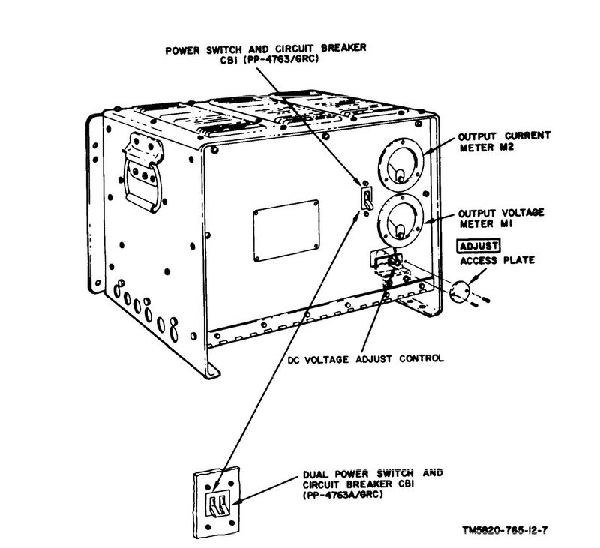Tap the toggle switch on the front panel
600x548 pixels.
pos(366,197)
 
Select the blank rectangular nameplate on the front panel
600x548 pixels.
pos(286,231)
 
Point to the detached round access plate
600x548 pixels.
pos(459,292)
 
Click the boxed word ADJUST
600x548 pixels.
pos(478,246)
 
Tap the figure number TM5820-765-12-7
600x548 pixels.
pos(505,531)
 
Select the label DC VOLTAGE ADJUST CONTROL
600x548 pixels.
pos(365,359)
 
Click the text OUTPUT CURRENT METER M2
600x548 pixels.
pos(504,142)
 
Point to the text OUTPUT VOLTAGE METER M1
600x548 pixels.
pos(501,218)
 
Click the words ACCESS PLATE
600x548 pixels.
pos(496,261)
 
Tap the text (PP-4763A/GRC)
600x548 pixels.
pos(343,495)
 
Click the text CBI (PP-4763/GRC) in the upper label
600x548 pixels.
pos(269,60)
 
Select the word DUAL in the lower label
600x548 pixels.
pos(316,475)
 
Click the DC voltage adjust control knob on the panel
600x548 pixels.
pos(394,262)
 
